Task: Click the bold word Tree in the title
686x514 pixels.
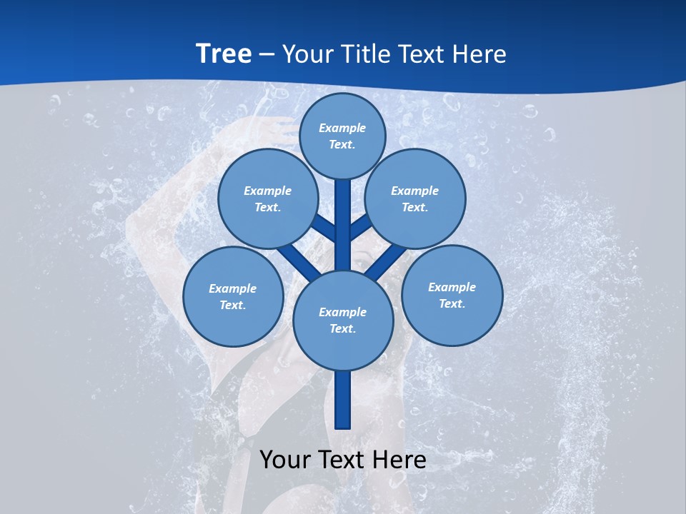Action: click(224, 54)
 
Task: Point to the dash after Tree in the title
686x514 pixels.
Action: click(267, 55)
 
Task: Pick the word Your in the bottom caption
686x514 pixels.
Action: click(286, 460)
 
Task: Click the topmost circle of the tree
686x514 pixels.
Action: click(342, 136)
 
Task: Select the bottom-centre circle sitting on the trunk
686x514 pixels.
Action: click(343, 321)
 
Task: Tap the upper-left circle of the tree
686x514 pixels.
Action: click(268, 198)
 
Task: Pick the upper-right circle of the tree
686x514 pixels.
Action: click(415, 198)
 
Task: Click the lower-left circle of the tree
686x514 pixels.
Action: click(233, 296)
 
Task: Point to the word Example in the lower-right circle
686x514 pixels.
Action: click(452, 287)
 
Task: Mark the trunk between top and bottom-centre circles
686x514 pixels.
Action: click(343, 225)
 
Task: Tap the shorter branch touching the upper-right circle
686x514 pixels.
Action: click(359, 228)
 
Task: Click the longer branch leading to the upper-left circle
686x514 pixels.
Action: click(298, 261)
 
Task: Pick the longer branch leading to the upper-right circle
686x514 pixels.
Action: click(386, 261)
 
